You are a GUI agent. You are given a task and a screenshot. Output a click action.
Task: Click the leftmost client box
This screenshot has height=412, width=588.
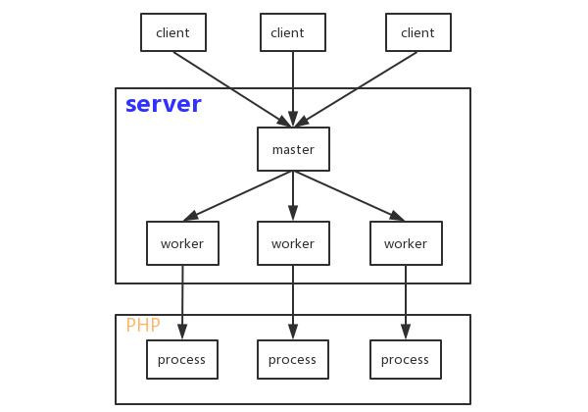coord(173,32)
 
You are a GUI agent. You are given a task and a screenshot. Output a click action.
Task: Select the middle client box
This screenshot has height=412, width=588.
coord(293,32)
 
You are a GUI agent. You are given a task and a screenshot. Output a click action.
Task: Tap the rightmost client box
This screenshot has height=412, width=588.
coord(418,32)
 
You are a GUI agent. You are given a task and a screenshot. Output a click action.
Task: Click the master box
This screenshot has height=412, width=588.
coord(293,149)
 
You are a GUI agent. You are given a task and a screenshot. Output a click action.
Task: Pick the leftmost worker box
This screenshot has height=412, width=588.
coord(182,243)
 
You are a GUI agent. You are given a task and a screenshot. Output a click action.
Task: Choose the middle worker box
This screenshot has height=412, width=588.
coord(293,243)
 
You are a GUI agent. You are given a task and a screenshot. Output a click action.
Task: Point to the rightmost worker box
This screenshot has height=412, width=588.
coord(406,243)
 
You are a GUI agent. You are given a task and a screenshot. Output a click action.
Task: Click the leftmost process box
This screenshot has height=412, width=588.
coord(182,359)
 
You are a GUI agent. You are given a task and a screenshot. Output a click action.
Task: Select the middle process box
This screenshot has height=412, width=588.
coord(293,359)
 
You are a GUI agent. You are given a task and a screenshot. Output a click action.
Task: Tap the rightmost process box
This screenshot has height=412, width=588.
coord(406,359)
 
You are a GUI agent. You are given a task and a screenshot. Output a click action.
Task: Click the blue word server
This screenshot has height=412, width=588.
coord(164,104)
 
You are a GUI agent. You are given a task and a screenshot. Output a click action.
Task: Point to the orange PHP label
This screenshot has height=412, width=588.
coord(143,325)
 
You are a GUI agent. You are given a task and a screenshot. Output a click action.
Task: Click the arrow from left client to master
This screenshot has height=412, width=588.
coord(232,89)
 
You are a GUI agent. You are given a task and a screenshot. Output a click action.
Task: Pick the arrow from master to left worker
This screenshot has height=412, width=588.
coord(237,196)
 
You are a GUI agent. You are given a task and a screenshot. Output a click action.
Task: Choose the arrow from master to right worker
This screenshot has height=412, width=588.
coord(350,196)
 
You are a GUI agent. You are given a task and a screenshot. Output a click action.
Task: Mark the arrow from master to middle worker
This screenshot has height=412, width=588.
coord(293,196)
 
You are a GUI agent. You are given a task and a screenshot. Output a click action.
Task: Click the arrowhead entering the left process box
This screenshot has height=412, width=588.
coord(182,332)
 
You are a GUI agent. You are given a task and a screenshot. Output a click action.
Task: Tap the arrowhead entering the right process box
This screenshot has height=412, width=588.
coord(406,332)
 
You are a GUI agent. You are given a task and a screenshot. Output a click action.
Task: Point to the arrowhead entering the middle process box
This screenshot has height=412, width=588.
coord(293,332)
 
